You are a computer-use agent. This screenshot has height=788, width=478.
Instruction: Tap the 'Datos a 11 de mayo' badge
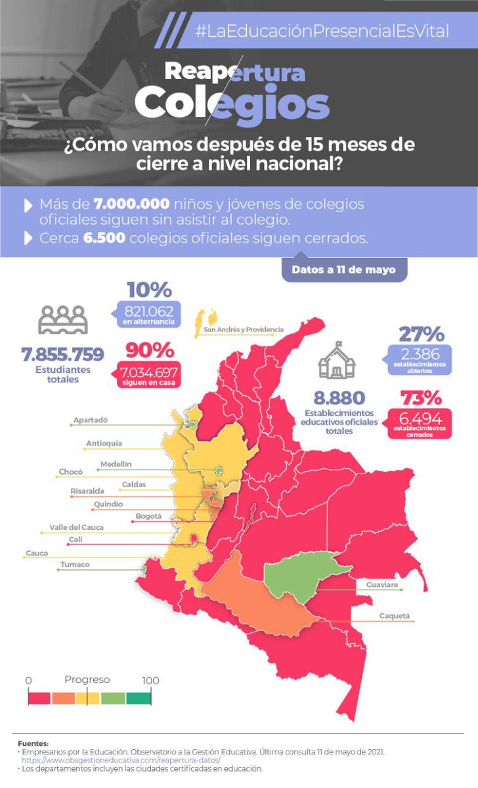point(344,269)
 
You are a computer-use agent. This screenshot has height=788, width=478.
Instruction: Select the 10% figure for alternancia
point(149,290)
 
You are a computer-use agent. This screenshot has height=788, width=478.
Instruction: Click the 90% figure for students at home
point(149,349)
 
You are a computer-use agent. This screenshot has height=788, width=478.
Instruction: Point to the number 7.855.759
point(62,355)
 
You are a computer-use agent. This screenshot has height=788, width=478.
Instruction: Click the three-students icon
point(62,320)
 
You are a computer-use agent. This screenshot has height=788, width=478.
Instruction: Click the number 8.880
point(339,397)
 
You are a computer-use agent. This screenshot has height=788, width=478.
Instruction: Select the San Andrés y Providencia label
point(244,329)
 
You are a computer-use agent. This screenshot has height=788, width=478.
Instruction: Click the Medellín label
point(116,464)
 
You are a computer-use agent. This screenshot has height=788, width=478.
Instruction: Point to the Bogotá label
point(148,516)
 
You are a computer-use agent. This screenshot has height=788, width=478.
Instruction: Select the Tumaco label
point(74,565)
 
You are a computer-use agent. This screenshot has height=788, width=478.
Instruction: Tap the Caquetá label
point(394,616)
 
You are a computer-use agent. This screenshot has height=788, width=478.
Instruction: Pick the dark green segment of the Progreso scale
point(139,698)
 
